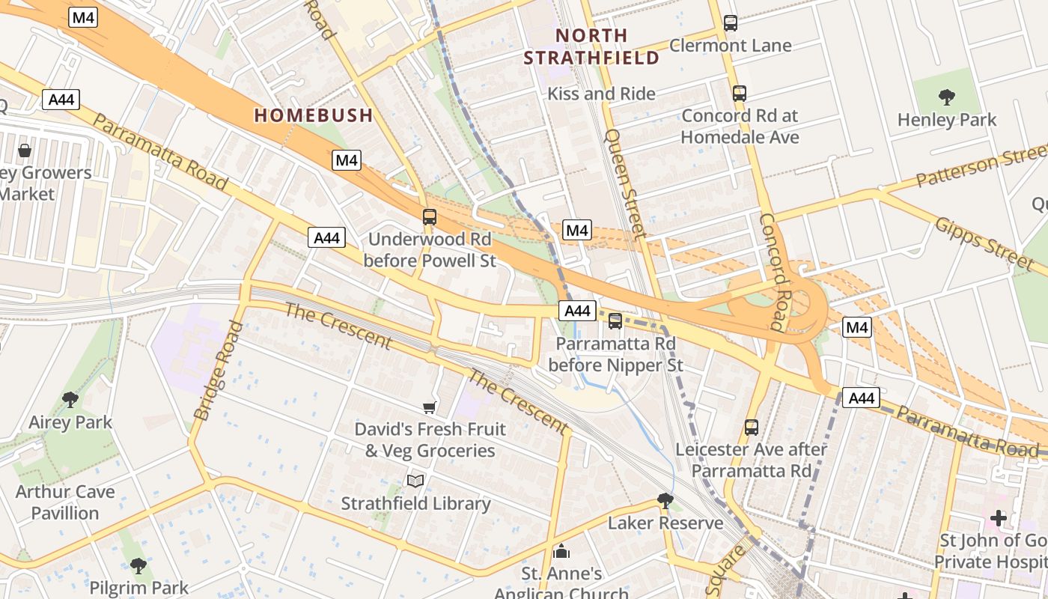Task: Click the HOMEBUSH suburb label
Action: [x=313, y=115]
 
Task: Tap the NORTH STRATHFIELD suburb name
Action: [x=591, y=46]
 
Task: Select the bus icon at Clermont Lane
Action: [x=731, y=23]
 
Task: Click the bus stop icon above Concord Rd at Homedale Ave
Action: [x=740, y=94]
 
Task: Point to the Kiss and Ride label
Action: [x=601, y=94]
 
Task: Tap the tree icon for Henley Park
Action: [x=947, y=97]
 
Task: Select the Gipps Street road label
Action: [x=984, y=240]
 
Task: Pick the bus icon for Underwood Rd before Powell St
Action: [x=429, y=217]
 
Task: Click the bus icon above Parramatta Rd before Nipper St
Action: [x=615, y=321]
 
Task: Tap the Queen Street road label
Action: [x=624, y=183]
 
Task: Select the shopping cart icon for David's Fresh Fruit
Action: [x=429, y=407]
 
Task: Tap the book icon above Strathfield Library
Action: [x=415, y=481]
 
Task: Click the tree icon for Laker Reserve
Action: [x=665, y=500]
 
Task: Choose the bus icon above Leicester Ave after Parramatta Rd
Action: [x=752, y=428]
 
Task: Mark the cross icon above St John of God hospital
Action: [x=998, y=517]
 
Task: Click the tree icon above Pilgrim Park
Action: [x=138, y=565]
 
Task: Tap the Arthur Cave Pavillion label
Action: [x=65, y=502]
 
